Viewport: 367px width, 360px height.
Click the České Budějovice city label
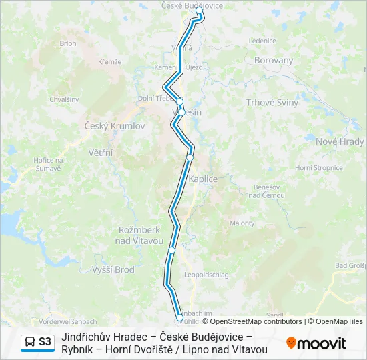point(192,5)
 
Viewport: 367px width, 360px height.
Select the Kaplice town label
point(204,180)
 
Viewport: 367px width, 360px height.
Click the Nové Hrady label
point(340,141)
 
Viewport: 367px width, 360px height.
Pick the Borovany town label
point(274,60)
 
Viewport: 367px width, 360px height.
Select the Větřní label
point(101,153)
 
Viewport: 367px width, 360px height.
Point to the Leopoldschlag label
point(206,275)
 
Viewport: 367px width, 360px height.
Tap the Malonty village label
point(242,224)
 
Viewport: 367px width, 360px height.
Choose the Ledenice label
point(262,41)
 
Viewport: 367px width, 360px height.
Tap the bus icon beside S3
point(30,342)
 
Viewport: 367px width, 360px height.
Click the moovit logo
point(316,343)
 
